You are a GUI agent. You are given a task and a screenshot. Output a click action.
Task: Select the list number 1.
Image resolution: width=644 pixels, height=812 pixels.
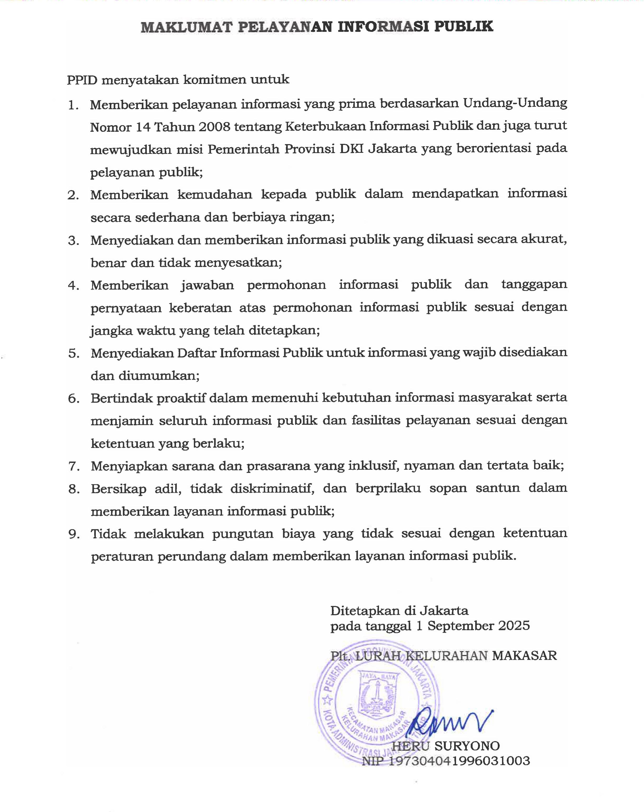[73, 105]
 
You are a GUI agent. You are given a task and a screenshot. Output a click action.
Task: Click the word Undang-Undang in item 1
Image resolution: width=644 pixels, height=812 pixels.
[514, 103]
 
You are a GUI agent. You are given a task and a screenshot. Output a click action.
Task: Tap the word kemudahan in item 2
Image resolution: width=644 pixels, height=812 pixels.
[214, 194]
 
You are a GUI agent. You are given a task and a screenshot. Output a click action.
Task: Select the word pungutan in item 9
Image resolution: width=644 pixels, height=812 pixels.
[243, 534]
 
